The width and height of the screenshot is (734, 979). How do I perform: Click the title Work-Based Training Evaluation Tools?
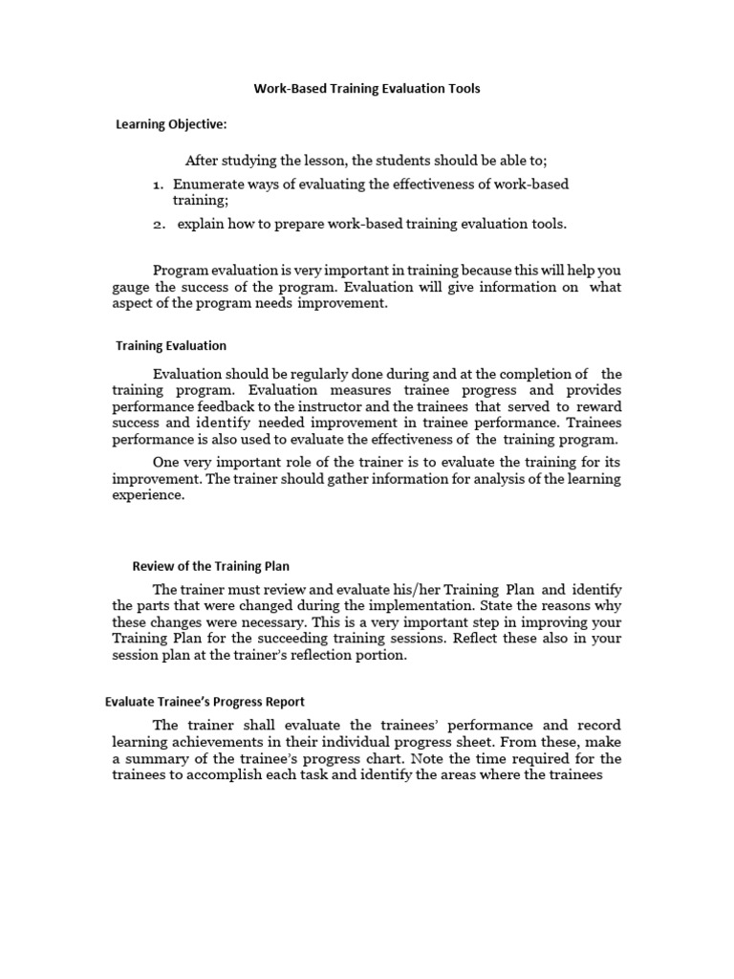click(367, 89)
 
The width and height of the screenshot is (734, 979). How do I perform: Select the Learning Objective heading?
click(171, 124)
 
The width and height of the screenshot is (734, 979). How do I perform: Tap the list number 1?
click(158, 184)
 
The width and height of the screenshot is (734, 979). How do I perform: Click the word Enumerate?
click(211, 184)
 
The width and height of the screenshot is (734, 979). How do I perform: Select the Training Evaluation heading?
click(170, 345)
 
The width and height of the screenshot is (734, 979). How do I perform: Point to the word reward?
click(598, 406)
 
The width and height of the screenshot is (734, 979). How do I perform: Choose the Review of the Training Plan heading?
click(210, 566)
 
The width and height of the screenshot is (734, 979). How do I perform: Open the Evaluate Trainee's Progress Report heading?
click(205, 702)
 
